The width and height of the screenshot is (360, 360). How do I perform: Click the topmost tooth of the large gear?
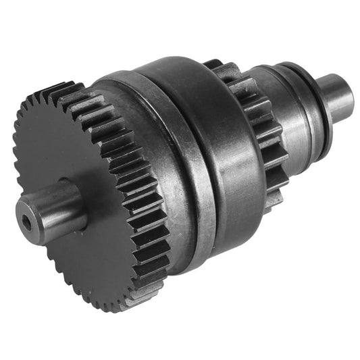pos(64,88)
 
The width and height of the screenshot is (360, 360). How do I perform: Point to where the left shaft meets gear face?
pos(81,203)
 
